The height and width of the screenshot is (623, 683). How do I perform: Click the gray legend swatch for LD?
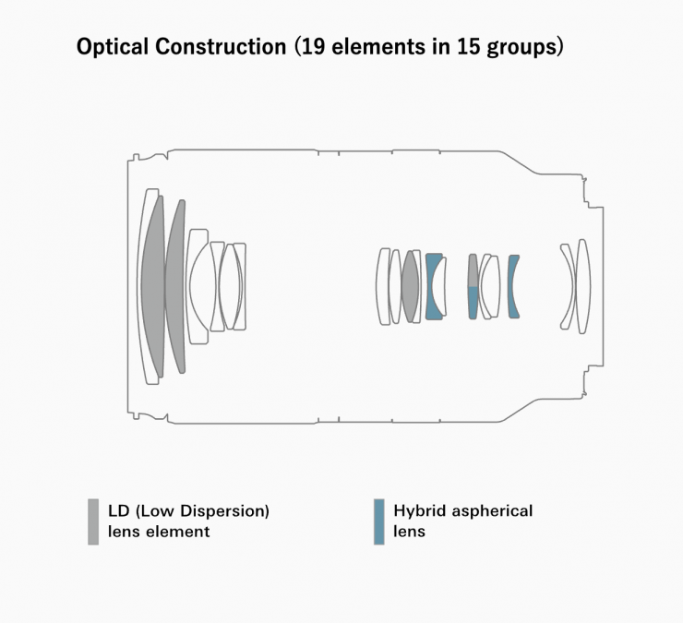pyautogui.click(x=93, y=521)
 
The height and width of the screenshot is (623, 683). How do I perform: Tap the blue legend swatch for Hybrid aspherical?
pyautogui.click(x=379, y=521)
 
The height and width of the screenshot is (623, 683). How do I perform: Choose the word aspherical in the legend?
pyautogui.click(x=492, y=510)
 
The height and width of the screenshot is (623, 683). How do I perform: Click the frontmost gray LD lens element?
pyautogui.click(x=152, y=285)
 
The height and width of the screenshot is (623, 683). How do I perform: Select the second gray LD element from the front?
pyautogui.click(x=175, y=286)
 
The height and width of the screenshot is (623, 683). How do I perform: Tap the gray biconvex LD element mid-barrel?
pyautogui.click(x=411, y=286)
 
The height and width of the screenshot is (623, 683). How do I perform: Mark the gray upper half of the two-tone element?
pyautogui.click(x=473, y=270)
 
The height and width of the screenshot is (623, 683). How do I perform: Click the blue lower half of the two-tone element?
pyautogui.click(x=473, y=302)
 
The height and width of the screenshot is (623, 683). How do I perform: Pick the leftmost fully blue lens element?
pyautogui.click(x=432, y=286)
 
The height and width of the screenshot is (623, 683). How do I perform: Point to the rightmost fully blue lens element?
pyautogui.click(x=513, y=286)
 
